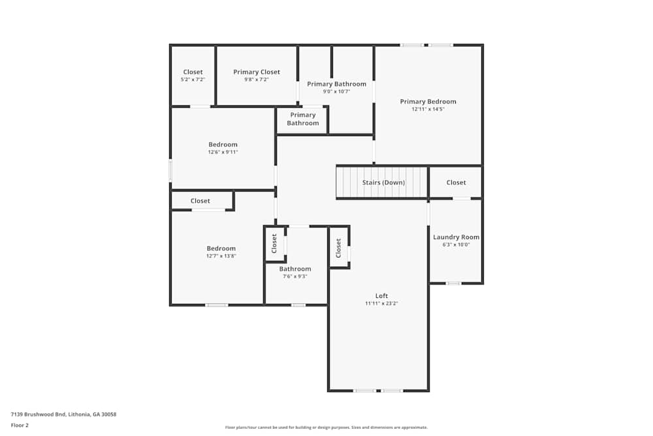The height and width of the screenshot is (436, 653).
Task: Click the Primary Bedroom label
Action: pos(428,101)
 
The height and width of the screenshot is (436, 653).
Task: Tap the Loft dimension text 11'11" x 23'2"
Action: pos(381,303)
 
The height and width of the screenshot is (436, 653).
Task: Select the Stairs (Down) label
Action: pos(383,182)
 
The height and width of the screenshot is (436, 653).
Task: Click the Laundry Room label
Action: pos(456,237)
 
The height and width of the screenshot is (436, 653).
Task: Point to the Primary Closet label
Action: pos(257,72)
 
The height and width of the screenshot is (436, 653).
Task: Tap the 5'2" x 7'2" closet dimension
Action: pos(193,80)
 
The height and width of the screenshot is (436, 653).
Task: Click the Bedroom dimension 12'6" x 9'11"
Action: pos(223,152)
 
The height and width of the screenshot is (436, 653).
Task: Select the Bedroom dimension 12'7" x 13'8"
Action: pos(221,256)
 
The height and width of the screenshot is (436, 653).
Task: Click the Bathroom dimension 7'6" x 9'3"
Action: pos(295,277)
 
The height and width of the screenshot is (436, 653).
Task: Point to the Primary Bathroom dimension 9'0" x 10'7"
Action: pos(336,92)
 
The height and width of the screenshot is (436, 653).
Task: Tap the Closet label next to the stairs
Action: pos(456,182)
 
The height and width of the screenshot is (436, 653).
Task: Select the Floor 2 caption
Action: pos(20,425)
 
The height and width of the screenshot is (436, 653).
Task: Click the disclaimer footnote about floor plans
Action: pos(326,428)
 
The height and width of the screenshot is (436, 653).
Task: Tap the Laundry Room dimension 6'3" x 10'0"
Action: pos(456,244)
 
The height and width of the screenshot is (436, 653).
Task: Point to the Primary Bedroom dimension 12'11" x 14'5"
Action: pos(428,109)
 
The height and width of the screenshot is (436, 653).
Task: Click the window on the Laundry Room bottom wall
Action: pos(453,283)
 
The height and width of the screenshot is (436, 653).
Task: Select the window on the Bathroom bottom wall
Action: pos(298,305)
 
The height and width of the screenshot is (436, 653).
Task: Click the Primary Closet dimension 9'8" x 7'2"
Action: pos(257,80)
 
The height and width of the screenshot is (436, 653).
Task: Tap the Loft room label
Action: pos(381,296)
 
